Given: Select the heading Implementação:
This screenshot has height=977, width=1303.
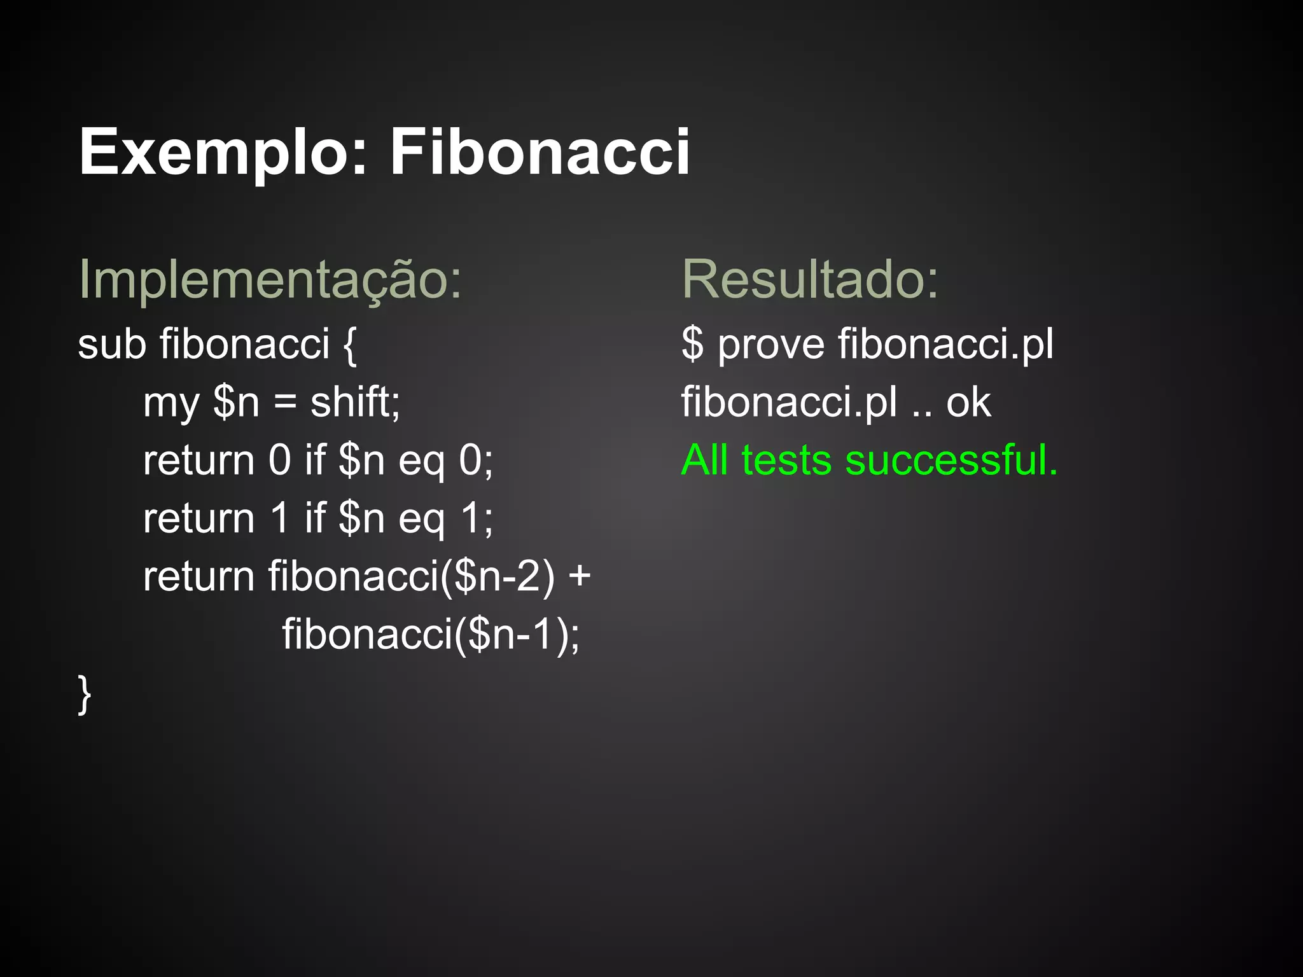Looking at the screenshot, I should pos(270,280).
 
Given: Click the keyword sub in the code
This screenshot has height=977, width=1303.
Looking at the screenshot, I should pos(112,344).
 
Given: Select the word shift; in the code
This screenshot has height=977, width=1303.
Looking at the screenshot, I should pos(355,402).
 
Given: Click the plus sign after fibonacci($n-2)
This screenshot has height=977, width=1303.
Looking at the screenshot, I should pos(580,577).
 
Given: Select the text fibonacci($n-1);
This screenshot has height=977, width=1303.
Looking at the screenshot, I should pos(431,634).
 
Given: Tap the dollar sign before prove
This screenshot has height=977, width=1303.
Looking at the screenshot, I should pos(693,344).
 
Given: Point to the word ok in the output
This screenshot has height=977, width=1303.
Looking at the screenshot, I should pos(968,402).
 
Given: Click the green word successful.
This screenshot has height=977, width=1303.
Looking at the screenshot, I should pos(951,460).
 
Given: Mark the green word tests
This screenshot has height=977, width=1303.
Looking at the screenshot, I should pos(786,461).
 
